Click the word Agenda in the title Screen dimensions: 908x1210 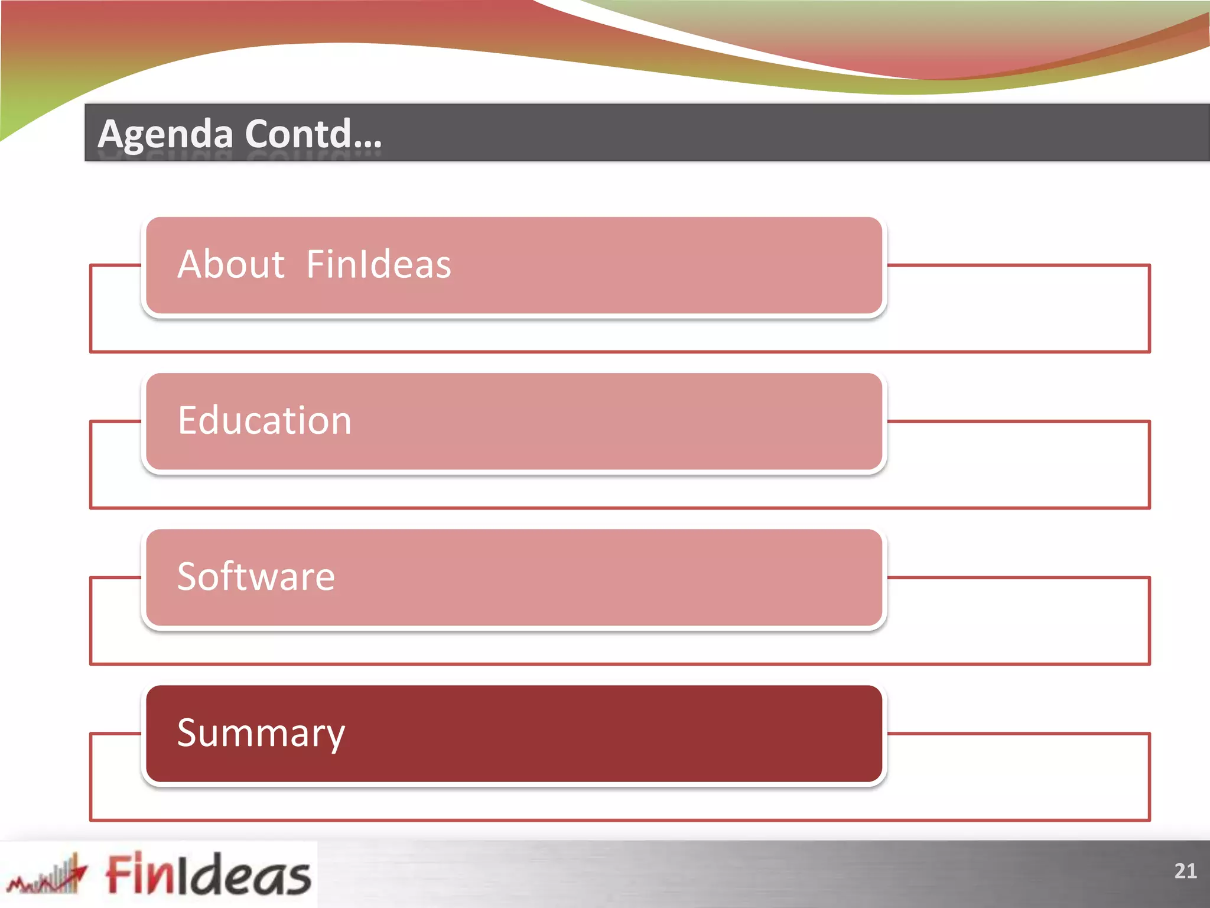point(165,135)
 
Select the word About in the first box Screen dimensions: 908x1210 point(231,264)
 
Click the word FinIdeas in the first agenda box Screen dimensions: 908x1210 point(379,264)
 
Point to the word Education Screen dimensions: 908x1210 point(265,421)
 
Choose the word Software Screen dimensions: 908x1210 point(256,577)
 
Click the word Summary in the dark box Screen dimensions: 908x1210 point(261,734)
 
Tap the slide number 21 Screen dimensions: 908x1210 point(1185,871)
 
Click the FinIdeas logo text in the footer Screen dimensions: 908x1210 point(208,874)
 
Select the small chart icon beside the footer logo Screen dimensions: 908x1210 point(47,875)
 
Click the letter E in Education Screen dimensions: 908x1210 point(188,421)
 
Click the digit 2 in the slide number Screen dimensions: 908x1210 point(1180,871)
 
